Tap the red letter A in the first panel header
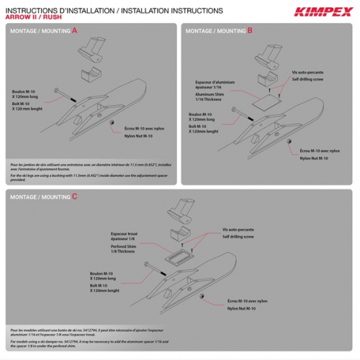coord(75,31)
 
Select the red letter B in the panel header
coord(250,31)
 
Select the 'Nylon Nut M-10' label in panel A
coord(138,135)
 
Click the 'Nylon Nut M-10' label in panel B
coord(315,157)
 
